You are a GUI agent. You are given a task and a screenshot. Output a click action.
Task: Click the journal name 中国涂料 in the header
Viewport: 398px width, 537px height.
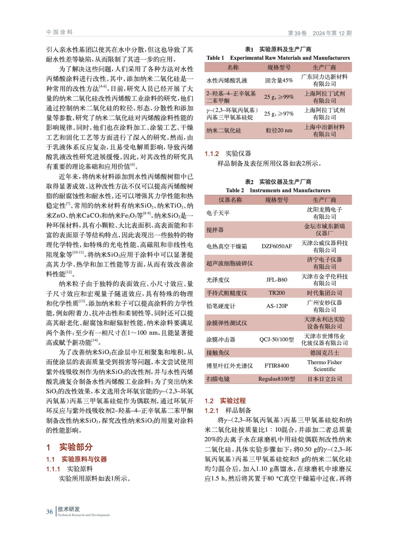coord(59,32)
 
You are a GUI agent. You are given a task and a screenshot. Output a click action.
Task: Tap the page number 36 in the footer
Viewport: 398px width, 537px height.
coord(49,511)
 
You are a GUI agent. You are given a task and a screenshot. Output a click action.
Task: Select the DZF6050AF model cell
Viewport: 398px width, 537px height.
coord(277,246)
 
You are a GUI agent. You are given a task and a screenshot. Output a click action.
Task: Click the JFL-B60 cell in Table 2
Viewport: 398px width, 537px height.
coord(277,280)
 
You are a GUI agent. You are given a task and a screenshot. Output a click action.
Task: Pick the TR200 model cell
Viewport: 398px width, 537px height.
coord(277,293)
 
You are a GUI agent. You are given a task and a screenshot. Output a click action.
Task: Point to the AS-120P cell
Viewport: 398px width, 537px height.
coord(277,306)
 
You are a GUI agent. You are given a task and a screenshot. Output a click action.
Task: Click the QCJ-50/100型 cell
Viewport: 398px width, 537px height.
coord(277,339)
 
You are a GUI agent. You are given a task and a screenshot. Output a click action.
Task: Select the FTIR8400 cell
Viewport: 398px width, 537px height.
coord(277,365)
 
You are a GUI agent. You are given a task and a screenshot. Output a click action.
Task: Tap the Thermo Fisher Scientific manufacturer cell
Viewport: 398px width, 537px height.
coord(324,365)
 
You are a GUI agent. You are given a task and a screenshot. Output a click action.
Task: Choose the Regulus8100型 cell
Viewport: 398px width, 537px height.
coord(277,379)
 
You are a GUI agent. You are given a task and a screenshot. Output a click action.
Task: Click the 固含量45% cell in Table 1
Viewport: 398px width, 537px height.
coord(279,80)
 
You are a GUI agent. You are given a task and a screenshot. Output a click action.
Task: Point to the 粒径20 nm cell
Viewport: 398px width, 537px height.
coord(279,130)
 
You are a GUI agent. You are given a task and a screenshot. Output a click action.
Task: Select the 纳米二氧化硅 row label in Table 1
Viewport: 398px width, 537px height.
coord(224,131)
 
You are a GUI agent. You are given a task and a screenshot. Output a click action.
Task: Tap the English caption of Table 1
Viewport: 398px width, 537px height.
coord(278,58)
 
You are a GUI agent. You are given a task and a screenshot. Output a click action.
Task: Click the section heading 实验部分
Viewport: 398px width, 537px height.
coord(75,447)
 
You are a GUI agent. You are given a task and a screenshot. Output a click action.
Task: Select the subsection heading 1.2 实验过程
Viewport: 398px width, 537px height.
coord(225,400)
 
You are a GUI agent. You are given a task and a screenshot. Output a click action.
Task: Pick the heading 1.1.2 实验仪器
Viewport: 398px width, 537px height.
coord(228,154)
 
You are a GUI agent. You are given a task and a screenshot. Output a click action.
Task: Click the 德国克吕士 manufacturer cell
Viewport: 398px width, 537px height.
coord(324,352)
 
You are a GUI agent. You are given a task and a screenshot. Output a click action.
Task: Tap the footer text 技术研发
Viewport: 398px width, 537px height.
coord(69,509)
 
